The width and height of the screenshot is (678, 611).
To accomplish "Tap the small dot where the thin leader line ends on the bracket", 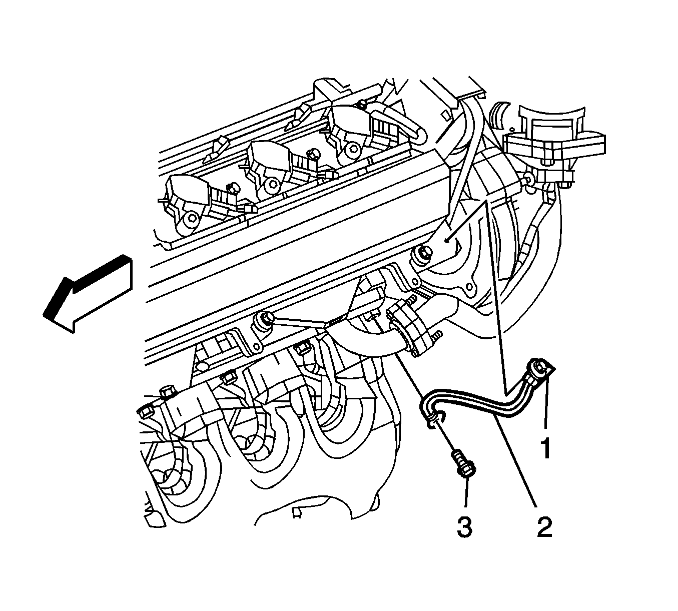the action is (x=447, y=241).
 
